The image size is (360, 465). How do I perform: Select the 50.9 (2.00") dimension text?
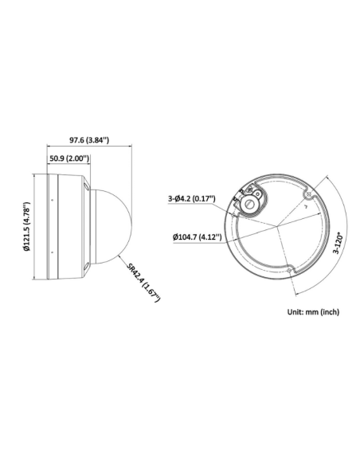point(68,158)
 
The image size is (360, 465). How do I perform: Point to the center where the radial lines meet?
point(279,225)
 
